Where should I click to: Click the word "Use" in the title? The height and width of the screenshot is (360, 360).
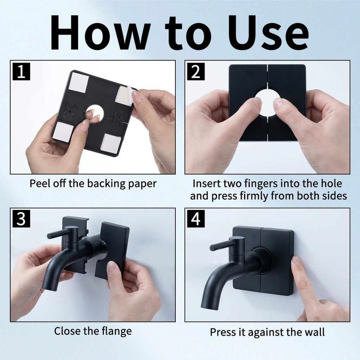click(268, 33)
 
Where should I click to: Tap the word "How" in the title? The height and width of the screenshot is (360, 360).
click(100, 32)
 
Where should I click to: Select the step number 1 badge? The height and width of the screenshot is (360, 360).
click(21, 71)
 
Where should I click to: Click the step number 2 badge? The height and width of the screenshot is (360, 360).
click(196, 71)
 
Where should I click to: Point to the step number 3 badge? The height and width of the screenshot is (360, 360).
click(21, 219)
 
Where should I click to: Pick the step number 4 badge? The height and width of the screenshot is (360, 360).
click(196, 219)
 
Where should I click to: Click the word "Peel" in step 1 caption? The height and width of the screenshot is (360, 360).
click(40, 184)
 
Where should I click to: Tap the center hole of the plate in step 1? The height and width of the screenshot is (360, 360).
click(95, 112)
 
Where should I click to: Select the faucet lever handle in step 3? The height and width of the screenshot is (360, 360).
click(59, 234)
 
